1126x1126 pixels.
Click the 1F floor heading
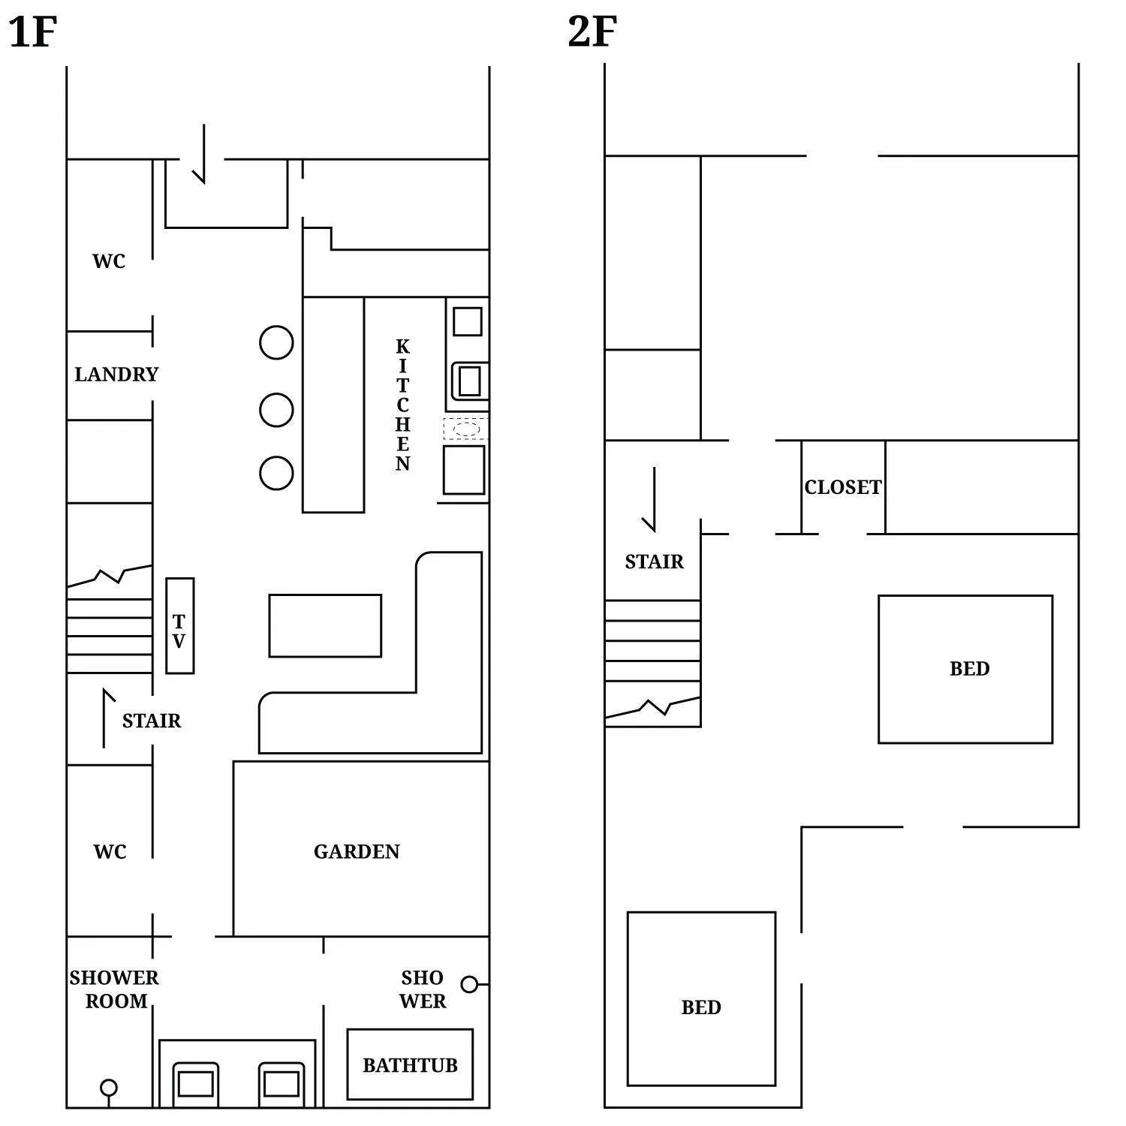33,32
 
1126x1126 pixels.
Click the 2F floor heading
592,32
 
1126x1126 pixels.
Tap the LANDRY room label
116,374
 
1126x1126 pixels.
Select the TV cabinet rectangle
179,625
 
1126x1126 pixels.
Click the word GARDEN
357,851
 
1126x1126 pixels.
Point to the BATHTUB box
410,1064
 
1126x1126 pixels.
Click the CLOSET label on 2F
842,487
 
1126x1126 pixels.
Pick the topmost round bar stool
276,343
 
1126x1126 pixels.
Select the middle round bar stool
276,410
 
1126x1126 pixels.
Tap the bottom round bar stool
276,474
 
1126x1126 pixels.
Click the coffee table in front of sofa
325,625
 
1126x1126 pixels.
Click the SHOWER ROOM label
115,989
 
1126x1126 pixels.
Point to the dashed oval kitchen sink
466,429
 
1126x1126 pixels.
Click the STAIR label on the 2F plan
654,561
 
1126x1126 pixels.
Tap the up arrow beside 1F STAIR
105,718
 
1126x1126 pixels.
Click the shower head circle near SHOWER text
469,984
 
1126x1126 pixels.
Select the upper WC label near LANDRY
109,261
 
